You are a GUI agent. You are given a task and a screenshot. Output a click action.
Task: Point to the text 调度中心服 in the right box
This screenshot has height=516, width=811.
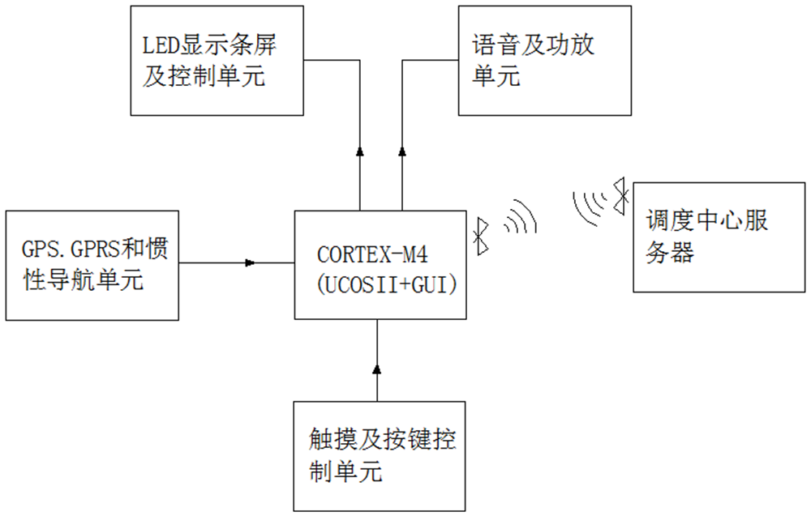(x=706, y=220)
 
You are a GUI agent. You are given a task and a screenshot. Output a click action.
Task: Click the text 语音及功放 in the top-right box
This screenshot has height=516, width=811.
(x=534, y=45)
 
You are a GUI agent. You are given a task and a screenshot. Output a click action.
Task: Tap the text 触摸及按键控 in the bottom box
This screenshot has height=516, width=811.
(x=382, y=440)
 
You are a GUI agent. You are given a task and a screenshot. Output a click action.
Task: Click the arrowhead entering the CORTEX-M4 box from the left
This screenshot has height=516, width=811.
(x=251, y=262)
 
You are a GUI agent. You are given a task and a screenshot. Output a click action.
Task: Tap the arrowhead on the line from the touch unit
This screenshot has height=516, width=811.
(x=376, y=369)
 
